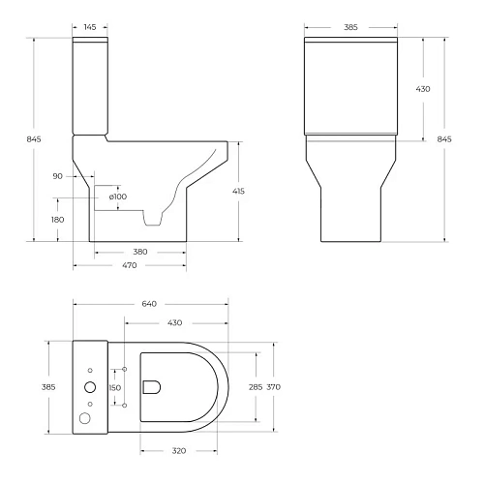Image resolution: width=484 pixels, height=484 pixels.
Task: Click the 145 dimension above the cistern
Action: [x=89, y=27]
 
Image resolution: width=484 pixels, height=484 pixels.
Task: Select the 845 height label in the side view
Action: [x=35, y=139]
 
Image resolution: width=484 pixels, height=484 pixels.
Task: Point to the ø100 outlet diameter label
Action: [x=117, y=197]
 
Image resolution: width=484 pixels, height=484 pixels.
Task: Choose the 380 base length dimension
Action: [x=140, y=252]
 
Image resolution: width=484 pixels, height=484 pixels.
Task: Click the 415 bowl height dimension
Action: [x=238, y=192]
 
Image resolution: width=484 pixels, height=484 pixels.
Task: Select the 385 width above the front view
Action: [x=350, y=27]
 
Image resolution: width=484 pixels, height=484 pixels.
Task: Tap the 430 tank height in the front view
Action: [x=422, y=89]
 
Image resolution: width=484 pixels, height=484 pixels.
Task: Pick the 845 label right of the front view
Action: [x=444, y=139]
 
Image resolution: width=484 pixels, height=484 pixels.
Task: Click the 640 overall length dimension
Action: [x=150, y=304]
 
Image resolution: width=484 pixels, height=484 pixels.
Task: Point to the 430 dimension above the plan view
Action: [x=175, y=321]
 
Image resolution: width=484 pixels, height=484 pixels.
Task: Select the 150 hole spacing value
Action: [x=115, y=387]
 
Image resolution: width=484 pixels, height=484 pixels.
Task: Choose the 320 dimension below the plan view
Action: [x=179, y=450]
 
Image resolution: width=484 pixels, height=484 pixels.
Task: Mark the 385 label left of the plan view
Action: [x=49, y=387]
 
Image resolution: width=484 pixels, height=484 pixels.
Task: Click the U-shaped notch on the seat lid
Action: [x=151, y=387]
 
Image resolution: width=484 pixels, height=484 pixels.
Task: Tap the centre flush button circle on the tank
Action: [x=90, y=386]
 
